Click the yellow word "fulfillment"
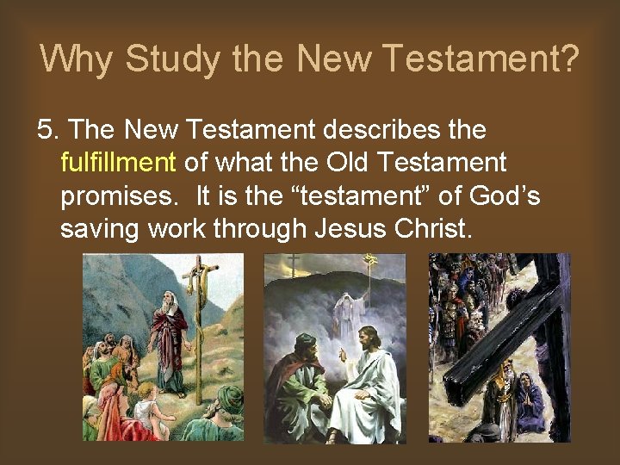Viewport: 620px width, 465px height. click(x=118, y=163)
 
